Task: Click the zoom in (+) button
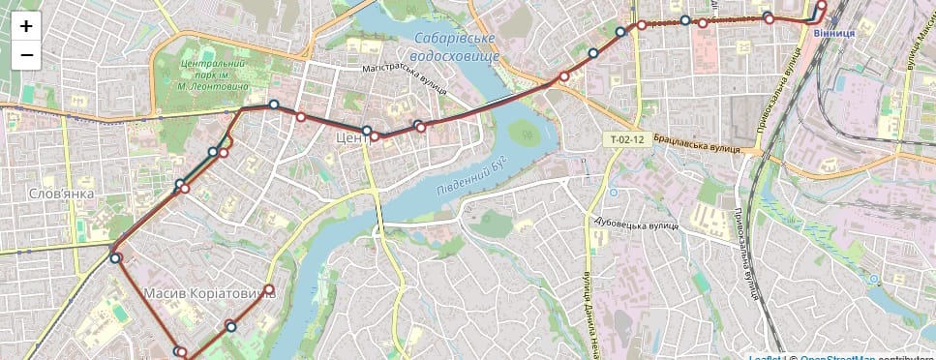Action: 26,26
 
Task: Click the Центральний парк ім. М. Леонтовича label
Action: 214,75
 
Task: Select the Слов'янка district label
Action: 61,194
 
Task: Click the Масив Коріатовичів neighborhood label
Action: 208,292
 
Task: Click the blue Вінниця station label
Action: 833,34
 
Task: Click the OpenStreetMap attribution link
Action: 837,357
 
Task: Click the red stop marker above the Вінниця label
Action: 822,5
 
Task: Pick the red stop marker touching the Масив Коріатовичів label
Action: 269,289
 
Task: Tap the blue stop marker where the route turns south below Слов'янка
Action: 115,258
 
